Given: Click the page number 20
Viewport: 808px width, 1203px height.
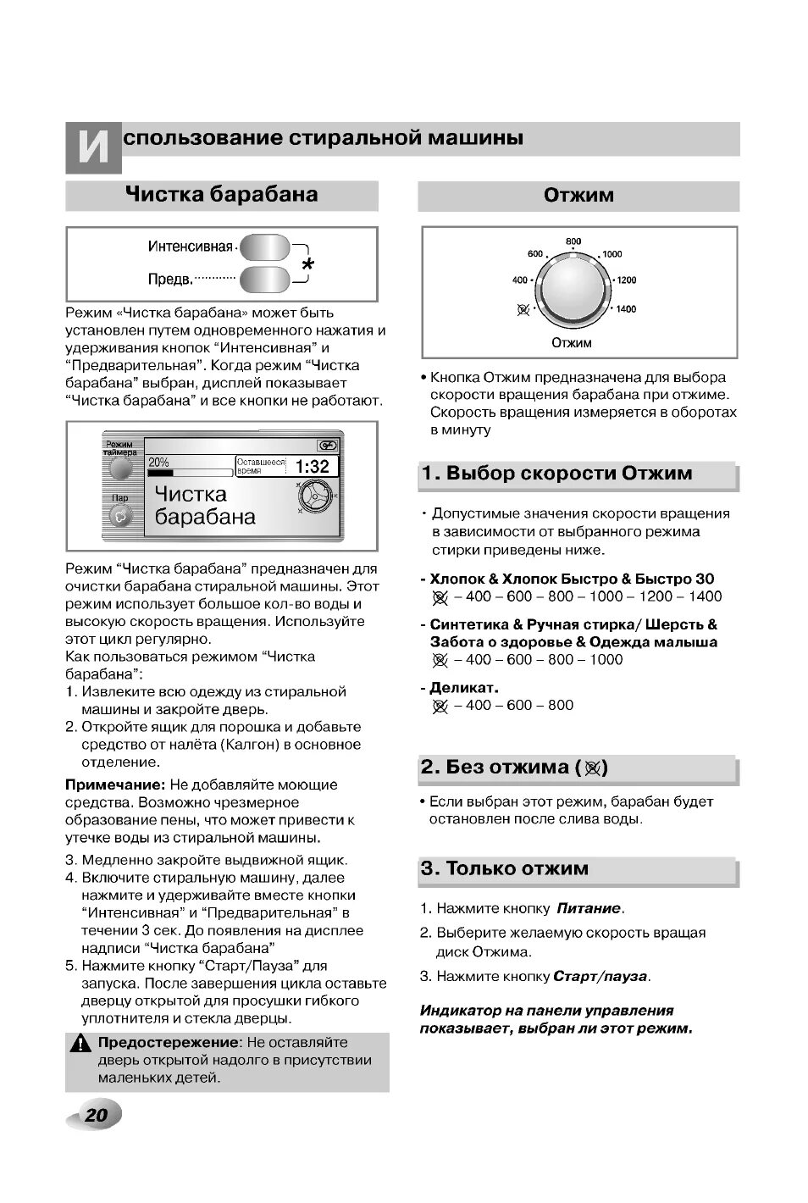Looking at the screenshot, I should (x=96, y=1114).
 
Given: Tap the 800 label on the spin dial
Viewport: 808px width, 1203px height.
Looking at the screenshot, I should (x=573, y=241).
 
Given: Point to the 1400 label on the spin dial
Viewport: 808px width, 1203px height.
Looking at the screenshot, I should (x=626, y=309).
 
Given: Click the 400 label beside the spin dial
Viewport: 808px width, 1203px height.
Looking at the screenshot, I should (x=519, y=280).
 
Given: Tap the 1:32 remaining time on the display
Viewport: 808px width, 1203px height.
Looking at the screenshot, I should (x=312, y=466).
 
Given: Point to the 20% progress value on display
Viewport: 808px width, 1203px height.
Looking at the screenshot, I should (x=158, y=462).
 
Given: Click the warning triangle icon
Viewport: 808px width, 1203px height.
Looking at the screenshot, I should (x=81, y=1045).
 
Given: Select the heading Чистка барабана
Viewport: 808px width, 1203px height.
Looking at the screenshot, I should (x=222, y=195).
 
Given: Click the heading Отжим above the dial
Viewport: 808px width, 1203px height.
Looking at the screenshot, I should (x=578, y=196).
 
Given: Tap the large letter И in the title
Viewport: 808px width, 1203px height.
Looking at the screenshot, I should (x=93, y=149).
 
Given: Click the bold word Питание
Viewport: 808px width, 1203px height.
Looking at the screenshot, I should (x=589, y=908).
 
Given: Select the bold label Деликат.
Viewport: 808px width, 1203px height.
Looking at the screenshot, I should (x=464, y=687).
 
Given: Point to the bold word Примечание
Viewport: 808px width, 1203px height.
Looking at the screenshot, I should (x=114, y=784).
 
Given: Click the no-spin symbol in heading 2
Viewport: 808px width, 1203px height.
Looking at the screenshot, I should (x=591, y=768).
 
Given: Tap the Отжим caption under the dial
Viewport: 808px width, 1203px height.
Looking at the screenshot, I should (x=572, y=343).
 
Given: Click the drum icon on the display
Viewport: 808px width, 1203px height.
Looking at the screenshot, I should (x=314, y=496).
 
